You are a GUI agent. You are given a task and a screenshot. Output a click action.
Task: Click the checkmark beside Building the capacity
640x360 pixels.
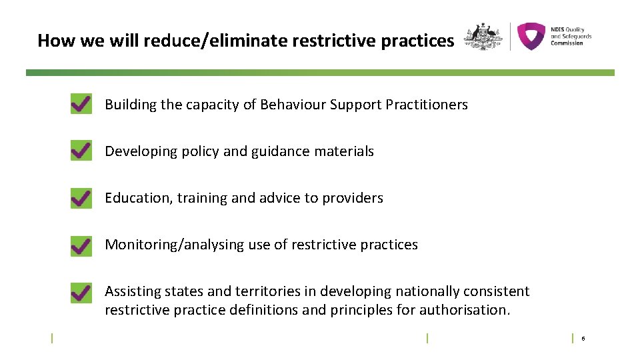click(81, 105)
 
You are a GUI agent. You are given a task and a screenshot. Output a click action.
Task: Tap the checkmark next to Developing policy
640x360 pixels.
click(81, 151)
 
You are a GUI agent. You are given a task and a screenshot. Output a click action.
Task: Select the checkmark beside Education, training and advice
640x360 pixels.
click(81, 198)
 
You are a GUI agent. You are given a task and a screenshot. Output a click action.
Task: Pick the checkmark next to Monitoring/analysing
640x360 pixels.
click(81, 245)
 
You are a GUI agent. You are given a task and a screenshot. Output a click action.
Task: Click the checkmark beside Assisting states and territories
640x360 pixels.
click(81, 292)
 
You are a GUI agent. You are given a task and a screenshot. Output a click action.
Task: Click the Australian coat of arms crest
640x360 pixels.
click(483, 37)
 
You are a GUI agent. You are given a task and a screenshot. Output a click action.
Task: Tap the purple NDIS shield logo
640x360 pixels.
click(531, 37)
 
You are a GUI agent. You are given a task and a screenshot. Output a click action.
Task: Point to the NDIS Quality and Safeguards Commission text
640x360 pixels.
click(570, 36)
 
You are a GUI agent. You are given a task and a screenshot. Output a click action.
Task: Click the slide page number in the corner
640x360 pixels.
click(583, 339)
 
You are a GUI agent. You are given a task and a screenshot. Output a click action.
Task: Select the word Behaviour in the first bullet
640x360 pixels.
click(291, 105)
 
